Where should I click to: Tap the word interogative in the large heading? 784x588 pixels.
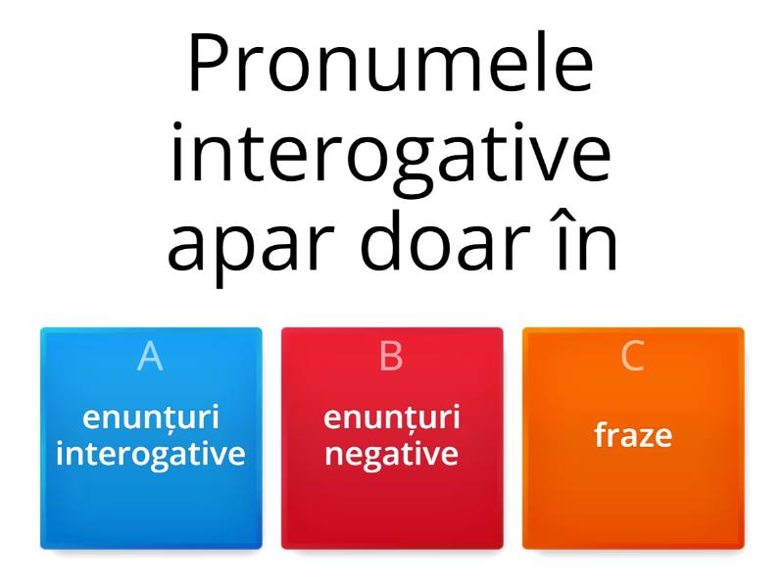coord(391,156)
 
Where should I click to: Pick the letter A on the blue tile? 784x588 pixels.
coord(150,357)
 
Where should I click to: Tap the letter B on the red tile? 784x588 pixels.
coord(391,357)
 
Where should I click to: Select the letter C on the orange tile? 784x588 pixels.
coord(633,357)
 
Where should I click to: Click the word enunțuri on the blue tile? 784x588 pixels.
coord(151,417)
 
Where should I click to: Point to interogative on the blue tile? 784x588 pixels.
coord(151,454)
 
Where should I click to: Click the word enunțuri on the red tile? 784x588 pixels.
coord(392,417)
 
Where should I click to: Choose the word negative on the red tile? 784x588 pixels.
coord(392,454)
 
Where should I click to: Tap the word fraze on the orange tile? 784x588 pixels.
coord(633,435)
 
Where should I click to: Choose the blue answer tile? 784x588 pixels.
coord(151,490)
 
